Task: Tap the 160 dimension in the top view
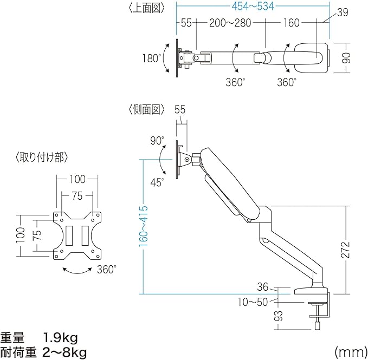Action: [290, 23]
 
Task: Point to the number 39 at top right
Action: [342, 12]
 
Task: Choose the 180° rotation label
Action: [152, 58]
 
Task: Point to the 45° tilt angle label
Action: [157, 182]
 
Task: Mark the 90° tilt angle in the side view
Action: [157, 141]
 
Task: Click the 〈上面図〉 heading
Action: [146, 9]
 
